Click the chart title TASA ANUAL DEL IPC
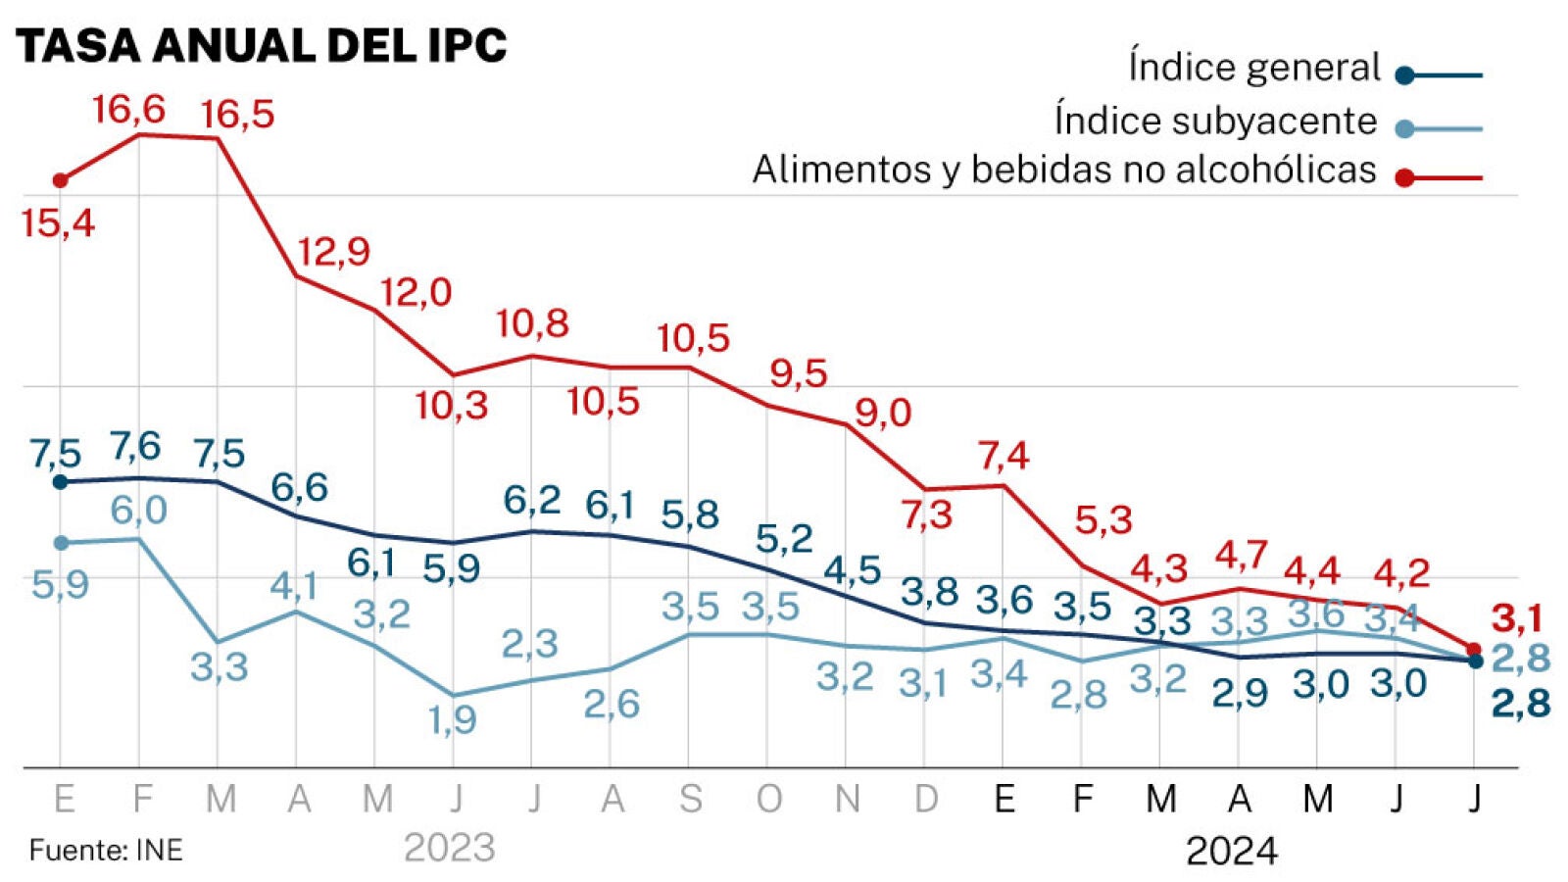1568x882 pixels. [262, 46]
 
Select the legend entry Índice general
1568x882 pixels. [1254, 68]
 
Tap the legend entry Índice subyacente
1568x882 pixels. [1215, 121]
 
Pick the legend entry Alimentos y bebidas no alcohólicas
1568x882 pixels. [1064, 171]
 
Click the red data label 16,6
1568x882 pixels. [128, 110]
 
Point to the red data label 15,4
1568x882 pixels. [58, 223]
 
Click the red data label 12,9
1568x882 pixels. [334, 252]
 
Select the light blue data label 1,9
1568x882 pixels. [453, 720]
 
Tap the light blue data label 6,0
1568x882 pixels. [138, 511]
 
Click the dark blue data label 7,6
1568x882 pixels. [135, 447]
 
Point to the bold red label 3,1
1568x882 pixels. [1517, 618]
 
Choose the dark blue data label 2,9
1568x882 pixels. [1240, 694]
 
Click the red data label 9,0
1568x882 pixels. [883, 414]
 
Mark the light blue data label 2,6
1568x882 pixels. [612, 705]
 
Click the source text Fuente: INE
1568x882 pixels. [106, 850]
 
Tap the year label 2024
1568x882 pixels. [1232, 851]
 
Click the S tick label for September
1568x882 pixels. [691, 800]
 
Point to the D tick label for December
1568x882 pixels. [926, 800]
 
